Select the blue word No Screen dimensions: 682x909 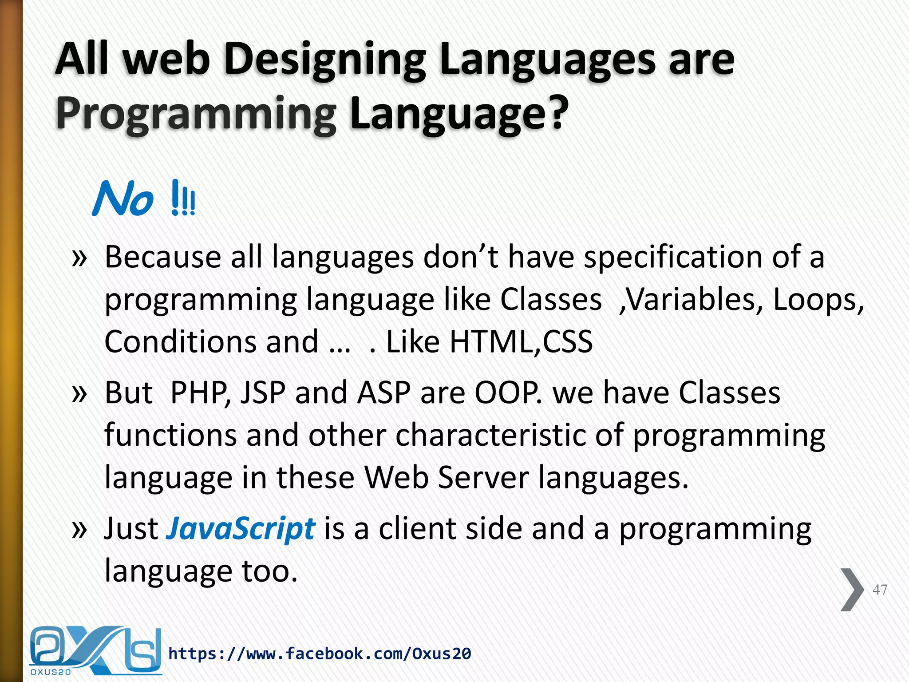pos(123,200)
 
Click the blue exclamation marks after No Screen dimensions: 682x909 pos(183,198)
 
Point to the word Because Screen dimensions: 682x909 pos(162,258)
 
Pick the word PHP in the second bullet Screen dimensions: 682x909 pos(200,393)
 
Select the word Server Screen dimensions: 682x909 pos(483,477)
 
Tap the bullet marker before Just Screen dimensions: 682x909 pos(79,529)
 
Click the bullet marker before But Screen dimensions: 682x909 pos(79,393)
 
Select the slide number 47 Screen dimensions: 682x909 pos(879,590)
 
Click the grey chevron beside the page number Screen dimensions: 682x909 pos(851,590)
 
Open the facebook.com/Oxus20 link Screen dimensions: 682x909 pos(320,654)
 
